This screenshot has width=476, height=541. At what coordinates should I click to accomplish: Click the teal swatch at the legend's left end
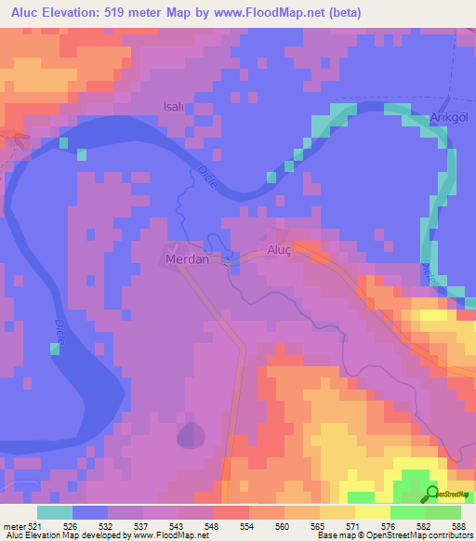[55, 512]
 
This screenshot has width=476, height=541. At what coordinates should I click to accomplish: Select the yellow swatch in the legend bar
[373, 512]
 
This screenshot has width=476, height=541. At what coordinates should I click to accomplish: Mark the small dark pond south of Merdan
[191, 433]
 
